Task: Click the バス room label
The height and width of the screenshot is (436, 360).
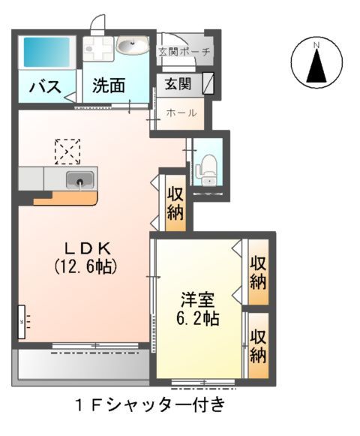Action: [45, 87]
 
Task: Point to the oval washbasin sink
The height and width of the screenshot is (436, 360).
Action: [133, 48]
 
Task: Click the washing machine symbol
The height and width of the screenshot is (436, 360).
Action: [97, 49]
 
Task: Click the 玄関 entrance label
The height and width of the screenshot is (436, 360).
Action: [178, 83]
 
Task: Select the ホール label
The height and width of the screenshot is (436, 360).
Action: [181, 113]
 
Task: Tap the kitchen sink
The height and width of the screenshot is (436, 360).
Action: [79, 180]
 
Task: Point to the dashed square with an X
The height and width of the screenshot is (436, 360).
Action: [67, 151]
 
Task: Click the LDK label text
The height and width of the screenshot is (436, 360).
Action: [84, 248]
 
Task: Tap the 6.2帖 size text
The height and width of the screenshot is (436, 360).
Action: [198, 317]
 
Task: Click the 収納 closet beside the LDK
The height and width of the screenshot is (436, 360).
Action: [175, 203]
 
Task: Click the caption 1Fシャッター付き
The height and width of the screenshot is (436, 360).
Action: [149, 407]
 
